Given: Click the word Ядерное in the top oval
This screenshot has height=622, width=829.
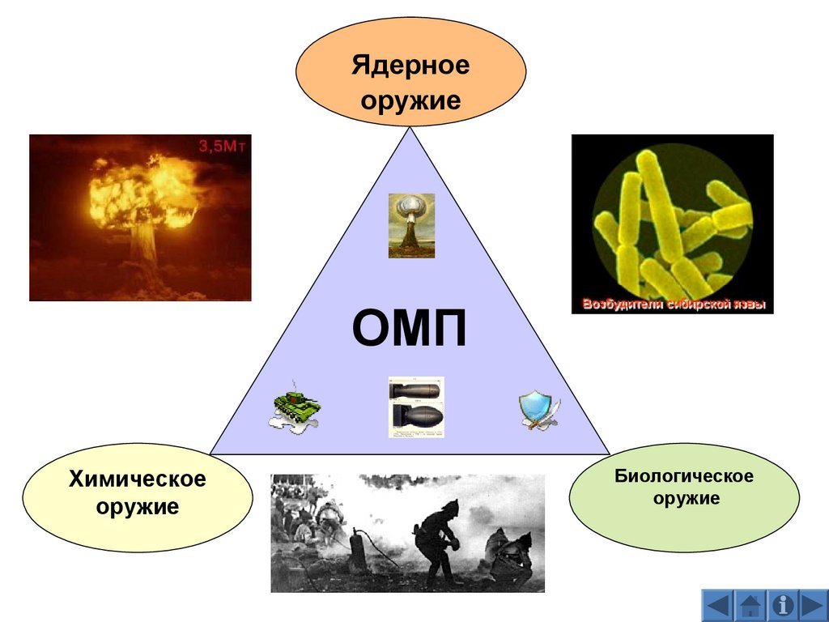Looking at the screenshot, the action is click(x=410, y=65).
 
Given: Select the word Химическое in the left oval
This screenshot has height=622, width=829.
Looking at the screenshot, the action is click(x=138, y=479).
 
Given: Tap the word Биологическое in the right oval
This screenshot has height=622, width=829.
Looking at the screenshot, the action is click(x=683, y=475).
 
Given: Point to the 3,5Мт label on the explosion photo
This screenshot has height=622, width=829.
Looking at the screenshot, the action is click(x=223, y=147).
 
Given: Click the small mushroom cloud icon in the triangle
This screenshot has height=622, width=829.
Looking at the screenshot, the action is click(x=411, y=225).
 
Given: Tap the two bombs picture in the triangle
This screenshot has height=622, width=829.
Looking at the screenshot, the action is click(x=416, y=407).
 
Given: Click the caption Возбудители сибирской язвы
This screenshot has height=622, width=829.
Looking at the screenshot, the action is click(x=673, y=305).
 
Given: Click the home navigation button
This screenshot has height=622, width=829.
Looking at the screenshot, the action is click(x=750, y=606).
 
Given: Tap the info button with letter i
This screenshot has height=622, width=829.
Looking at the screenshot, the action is click(x=782, y=606).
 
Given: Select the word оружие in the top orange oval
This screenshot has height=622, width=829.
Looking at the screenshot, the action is click(x=410, y=100).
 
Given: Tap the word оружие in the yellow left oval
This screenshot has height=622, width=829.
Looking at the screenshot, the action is click(x=138, y=508).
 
